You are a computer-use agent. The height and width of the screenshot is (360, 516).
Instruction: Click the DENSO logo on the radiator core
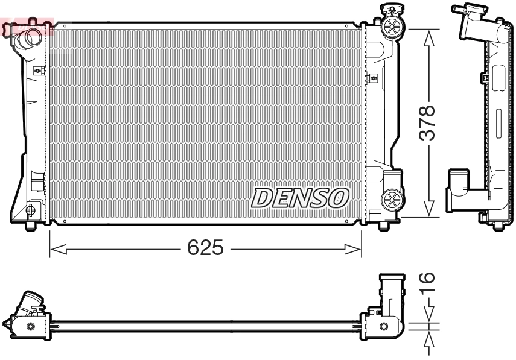301,197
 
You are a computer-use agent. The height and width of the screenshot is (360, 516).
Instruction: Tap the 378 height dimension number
427,123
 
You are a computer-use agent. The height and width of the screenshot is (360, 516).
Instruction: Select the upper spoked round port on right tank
392,26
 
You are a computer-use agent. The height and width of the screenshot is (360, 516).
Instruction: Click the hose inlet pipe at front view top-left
28,40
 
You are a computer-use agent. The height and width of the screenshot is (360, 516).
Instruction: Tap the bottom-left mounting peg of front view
31,227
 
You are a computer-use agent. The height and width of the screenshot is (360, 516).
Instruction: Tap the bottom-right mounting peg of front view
383,227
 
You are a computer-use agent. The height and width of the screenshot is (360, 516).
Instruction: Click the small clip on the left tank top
38,71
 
